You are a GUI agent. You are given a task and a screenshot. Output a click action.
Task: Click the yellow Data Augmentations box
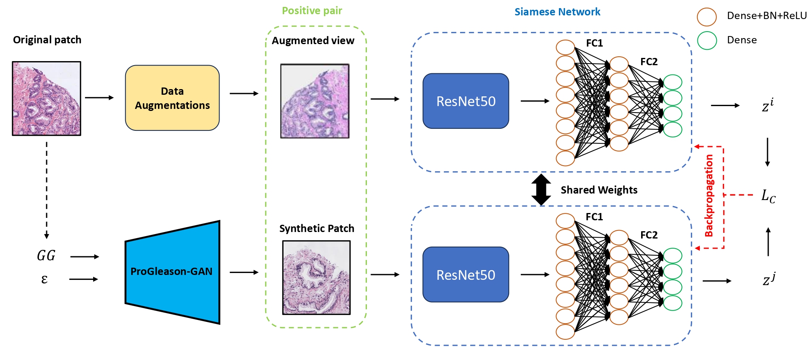pyautogui.click(x=172, y=98)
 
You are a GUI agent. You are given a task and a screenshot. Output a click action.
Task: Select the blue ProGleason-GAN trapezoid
pyautogui.click(x=172, y=272)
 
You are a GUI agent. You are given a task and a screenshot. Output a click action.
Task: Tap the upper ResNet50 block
pyautogui.click(x=466, y=101)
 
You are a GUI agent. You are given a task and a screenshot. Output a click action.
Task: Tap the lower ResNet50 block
pyautogui.click(x=466, y=275)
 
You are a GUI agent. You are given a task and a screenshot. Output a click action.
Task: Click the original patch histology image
pyautogui.click(x=47, y=98)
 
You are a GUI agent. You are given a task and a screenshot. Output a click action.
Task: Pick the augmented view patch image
pyautogui.click(x=315, y=101)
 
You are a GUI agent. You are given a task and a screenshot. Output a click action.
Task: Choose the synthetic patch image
pyautogui.click(x=316, y=278)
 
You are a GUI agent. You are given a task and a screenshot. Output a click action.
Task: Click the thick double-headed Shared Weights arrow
pyautogui.click(x=541, y=190)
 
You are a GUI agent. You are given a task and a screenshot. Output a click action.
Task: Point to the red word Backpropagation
pyautogui.click(x=709, y=196)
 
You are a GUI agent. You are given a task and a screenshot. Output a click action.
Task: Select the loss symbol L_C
pyautogui.click(x=768, y=196)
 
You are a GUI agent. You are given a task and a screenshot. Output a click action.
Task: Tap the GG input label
pyautogui.click(x=46, y=256)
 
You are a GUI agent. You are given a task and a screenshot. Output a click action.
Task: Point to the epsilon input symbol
pyautogui.click(x=45, y=279)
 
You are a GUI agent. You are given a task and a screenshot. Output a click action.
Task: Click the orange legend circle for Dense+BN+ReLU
pyautogui.click(x=707, y=17)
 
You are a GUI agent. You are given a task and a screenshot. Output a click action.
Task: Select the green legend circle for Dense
pyautogui.click(x=707, y=40)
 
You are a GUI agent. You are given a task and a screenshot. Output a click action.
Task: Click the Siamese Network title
pyautogui.click(x=557, y=12)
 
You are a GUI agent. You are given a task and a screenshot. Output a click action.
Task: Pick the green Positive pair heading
pyautogui.click(x=312, y=11)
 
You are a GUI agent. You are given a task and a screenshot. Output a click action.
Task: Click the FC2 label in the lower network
pyautogui.click(x=649, y=235)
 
